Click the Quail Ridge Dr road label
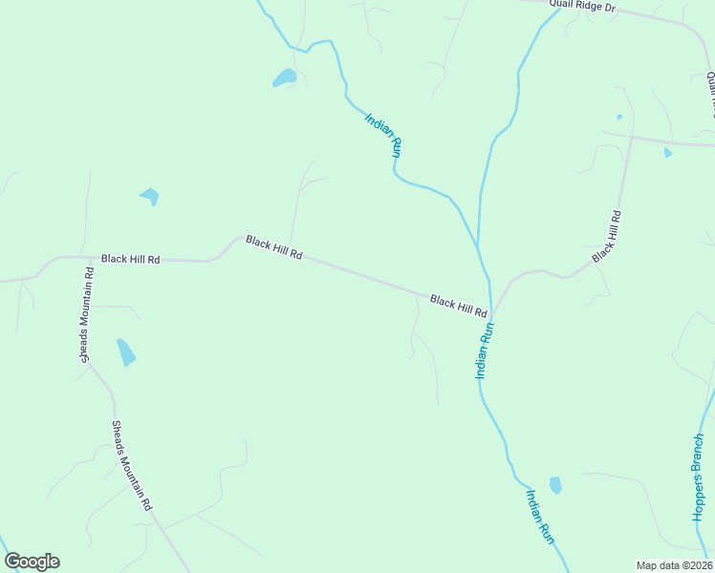(x=581, y=7)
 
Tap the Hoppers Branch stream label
(x=699, y=477)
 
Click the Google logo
(x=32, y=562)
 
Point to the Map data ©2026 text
(x=674, y=565)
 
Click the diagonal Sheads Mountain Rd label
(x=132, y=466)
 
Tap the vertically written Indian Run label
(x=485, y=350)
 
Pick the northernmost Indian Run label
(x=384, y=135)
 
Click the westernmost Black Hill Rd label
(x=130, y=259)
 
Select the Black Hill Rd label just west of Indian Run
(x=459, y=307)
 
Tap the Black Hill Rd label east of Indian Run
(x=607, y=237)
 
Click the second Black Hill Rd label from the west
(x=274, y=247)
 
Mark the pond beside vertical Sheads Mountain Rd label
(x=125, y=352)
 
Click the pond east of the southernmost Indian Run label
(x=555, y=485)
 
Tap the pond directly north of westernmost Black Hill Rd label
(x=150, y=197)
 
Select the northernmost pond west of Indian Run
(x=284, y=78)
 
